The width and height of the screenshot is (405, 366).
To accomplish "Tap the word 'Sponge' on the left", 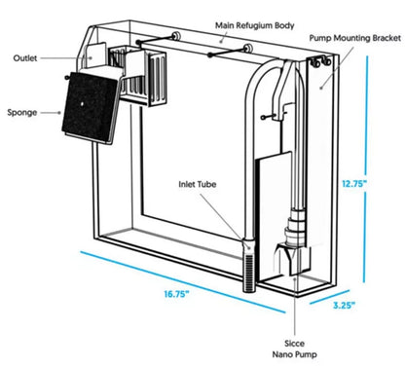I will [22, 112].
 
